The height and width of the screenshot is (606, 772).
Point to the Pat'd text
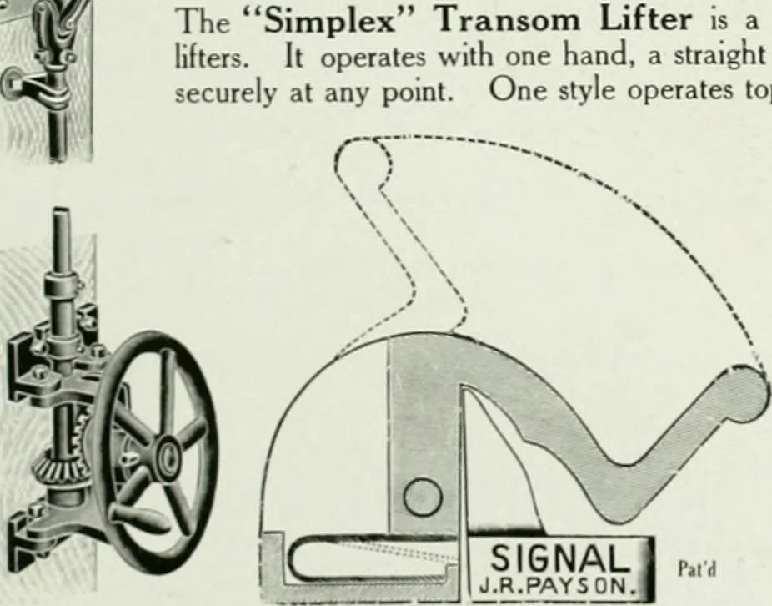coord(696,569)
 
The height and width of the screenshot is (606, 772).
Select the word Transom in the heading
coord(509,20)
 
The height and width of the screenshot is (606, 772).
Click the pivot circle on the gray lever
coord(423,497)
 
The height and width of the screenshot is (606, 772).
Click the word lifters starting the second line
coord(208,56)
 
